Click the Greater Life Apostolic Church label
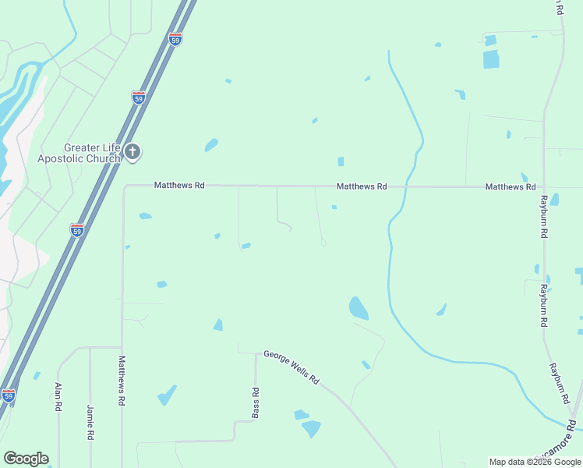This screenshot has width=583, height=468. tap(79, 153)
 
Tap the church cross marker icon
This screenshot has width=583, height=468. tap(132, 151)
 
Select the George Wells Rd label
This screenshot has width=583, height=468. tap(291, 367)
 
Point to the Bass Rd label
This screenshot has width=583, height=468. tap(255, 402)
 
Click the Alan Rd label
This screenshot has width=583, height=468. tap(58, 397)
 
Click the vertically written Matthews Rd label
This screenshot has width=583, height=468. tap(122, 381)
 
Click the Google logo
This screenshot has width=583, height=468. tap(26, 458)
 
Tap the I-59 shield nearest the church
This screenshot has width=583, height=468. tap(138, 97)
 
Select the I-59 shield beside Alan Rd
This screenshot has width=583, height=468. tap(9, 395)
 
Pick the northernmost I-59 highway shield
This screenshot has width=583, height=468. tap(175, 39)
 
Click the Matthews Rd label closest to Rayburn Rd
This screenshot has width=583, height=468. tap(511, 187)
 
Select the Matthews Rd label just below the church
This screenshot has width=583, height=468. tap(179, 186)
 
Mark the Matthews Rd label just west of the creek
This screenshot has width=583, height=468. tap(362, 187)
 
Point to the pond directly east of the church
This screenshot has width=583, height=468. tap(210, 145)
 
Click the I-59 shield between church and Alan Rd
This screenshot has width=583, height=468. tap(76, 230)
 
